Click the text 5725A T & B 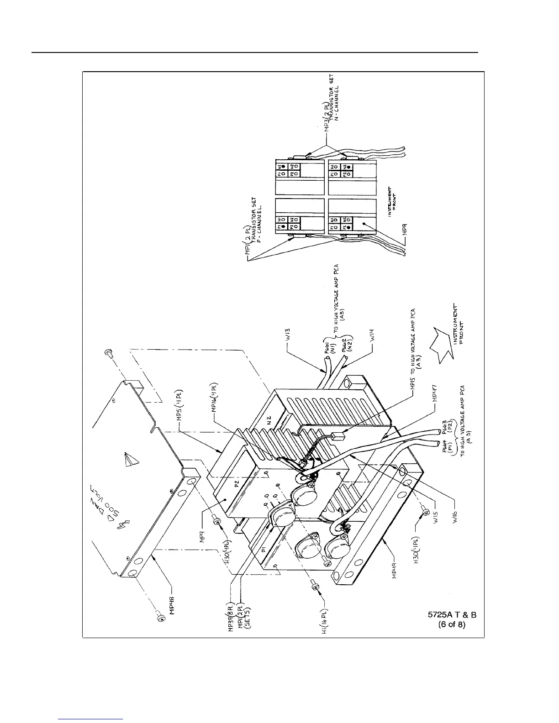[x=452, y=615]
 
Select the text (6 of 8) [x=452, y=625]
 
